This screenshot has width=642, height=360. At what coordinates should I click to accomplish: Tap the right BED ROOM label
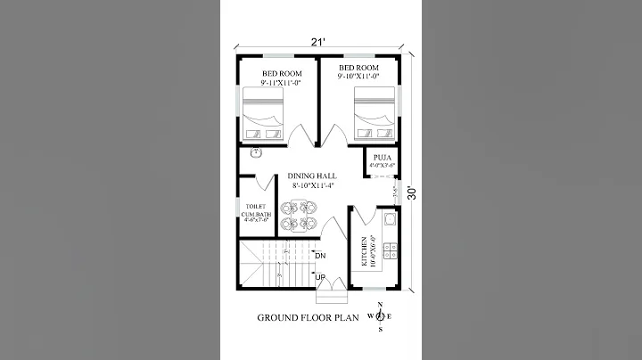click(358, 68)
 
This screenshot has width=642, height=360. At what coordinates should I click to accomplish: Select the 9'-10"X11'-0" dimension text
click(358, 78)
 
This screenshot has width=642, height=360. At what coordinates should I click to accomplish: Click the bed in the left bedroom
click(264, 115)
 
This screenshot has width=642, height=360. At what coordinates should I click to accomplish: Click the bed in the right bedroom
click(375, 113)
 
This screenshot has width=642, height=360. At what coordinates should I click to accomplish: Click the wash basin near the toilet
click(256, 152)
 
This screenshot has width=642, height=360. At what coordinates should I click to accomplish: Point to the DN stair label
click(321, 256)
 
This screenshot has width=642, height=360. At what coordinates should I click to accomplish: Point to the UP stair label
click(320, 276)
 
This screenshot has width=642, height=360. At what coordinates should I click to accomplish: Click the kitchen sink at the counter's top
click(389, 219)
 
